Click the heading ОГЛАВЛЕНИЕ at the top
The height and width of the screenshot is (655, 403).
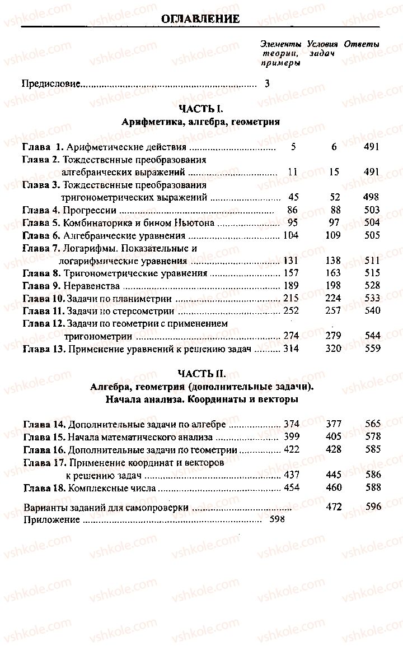[200, 20]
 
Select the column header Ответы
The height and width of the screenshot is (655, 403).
[362, 44]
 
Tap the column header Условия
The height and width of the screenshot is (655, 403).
[322, 44]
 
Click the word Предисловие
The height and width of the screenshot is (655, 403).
[51, 85]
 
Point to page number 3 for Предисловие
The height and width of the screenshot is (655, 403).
[267, 85]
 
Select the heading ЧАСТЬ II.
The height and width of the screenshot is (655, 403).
[201, 373]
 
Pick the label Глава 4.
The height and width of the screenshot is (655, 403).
[41, 211]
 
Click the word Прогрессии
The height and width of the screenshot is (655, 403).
[90, 211]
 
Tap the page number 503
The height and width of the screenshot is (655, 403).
[371, 211]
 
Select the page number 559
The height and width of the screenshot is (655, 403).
[371, 349]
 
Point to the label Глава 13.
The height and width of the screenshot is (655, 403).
[44, 349]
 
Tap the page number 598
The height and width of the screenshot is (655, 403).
[277, 520]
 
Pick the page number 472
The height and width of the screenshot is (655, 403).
[335, 507]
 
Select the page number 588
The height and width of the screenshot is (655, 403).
[372, 488]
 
